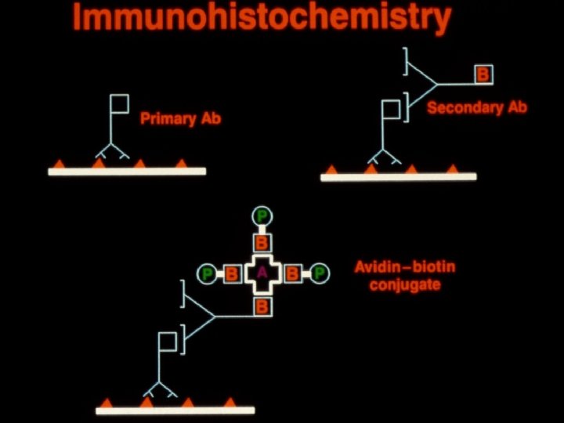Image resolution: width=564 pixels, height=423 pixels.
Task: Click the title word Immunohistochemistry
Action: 262,16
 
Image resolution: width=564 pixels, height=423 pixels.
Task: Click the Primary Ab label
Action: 180,119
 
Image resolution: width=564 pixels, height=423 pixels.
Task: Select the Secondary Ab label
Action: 476,107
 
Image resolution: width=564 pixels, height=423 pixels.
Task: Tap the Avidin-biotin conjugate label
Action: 404,275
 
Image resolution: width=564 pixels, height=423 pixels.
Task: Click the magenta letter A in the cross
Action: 262,273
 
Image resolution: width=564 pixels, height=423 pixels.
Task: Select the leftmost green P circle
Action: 208,274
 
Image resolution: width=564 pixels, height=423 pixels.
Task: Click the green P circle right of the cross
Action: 319,273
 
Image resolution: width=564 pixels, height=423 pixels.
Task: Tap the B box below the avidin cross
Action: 262,305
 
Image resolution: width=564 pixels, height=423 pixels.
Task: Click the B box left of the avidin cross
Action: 232,274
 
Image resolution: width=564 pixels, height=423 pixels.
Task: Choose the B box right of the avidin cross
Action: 292,274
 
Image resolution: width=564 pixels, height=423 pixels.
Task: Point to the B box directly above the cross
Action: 262,241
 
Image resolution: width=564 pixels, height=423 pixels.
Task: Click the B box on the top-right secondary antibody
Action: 483,74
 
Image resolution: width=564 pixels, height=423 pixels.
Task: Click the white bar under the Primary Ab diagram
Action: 127,172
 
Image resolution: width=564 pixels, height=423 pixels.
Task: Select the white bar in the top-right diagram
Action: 398,177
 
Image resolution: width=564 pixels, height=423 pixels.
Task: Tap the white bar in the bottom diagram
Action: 175,410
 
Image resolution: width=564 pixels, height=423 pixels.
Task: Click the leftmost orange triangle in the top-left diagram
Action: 58,164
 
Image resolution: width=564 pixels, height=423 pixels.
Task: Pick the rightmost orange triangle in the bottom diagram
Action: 230,402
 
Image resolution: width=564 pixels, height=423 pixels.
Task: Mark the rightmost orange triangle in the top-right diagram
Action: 452,168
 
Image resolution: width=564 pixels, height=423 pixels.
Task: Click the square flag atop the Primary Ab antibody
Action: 118,103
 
